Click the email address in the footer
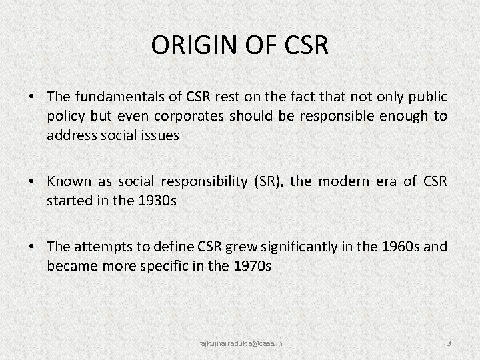click(240, 343)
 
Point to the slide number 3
click(449, 343)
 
